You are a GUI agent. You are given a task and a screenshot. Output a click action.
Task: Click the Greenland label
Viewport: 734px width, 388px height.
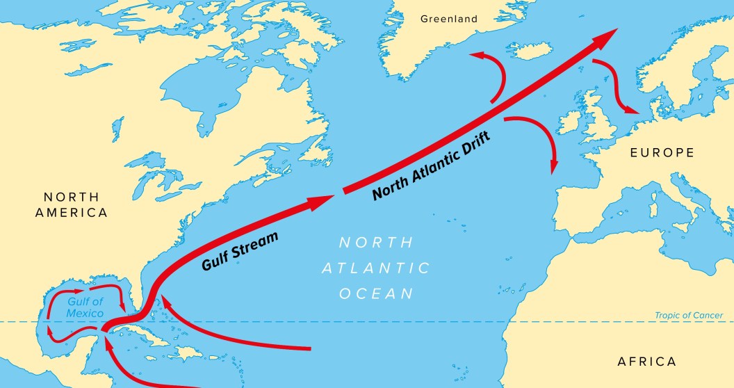449,19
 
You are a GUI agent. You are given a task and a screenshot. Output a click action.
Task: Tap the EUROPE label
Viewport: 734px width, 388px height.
662,152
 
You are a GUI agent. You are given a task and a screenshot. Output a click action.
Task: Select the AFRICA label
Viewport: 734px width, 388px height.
646,362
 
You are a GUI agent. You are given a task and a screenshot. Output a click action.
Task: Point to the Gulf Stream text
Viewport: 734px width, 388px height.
240,251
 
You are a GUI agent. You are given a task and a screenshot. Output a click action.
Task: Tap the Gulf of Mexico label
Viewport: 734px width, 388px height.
85,307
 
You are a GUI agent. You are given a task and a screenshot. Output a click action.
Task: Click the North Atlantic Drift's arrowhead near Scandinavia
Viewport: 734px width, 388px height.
605,37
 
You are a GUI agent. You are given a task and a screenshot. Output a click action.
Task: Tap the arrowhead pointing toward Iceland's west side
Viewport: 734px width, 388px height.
475,54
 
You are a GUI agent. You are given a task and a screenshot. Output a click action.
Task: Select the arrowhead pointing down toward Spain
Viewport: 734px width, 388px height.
554,167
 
